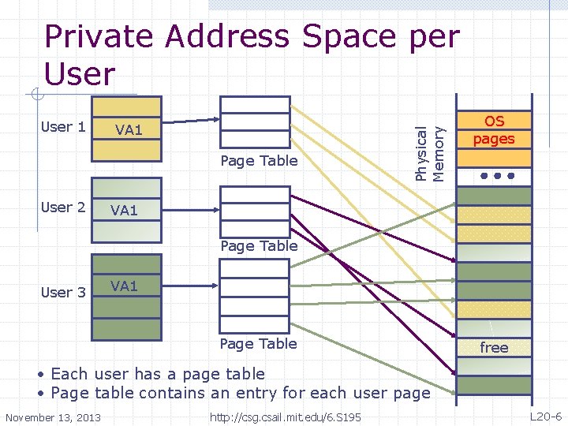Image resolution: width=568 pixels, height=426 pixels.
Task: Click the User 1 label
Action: click(x=63, y=127)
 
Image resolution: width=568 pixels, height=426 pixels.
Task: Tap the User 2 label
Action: click(x=63, y=207)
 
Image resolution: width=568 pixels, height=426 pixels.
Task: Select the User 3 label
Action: click(x=63, y=292)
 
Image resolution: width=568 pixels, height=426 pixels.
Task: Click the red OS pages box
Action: click(x=494, y=130)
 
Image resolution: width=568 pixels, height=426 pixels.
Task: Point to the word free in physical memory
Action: click(x=494, y=347)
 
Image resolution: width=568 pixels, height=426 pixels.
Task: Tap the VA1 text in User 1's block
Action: click(x=129, y=129)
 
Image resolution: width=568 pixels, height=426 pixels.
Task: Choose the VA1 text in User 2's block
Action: click(x=125, y=210)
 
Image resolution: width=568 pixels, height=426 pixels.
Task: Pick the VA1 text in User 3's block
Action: click(x=125, y=286)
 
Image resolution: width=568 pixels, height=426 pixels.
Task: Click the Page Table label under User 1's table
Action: click(x=259, y=161)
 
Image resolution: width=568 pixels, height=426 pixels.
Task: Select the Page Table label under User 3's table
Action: click(x=259, y=343)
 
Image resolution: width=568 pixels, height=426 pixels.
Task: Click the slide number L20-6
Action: click(x=545, y=416)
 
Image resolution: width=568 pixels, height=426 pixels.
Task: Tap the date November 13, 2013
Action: click(x=53, y=417)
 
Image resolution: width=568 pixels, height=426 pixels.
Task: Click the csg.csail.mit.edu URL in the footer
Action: click(x=285, y=417)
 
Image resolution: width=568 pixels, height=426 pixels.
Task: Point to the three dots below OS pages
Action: click(x=494, y=175)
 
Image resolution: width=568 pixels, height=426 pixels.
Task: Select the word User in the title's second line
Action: click(x=80, y=74)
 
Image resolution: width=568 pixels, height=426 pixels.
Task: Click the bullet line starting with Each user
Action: click(x=158, y=374)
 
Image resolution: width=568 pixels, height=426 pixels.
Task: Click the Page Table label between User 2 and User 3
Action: click(x=259, y=245)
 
